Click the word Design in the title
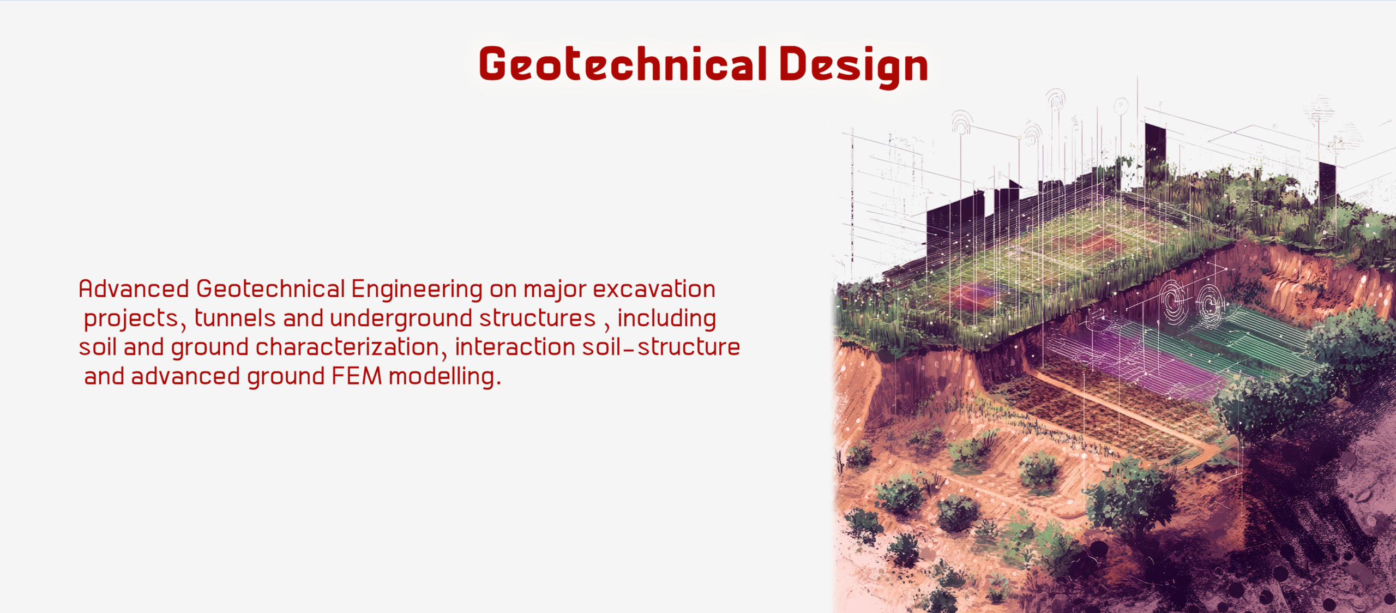point(854,67)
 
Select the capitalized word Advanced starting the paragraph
point(134,289)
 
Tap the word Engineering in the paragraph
point(417,290)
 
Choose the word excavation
point(654,289)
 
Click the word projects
point(131,320)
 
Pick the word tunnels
point(235,318)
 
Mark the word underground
point(401,320)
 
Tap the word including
point(666,320)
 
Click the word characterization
point(347,347)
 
